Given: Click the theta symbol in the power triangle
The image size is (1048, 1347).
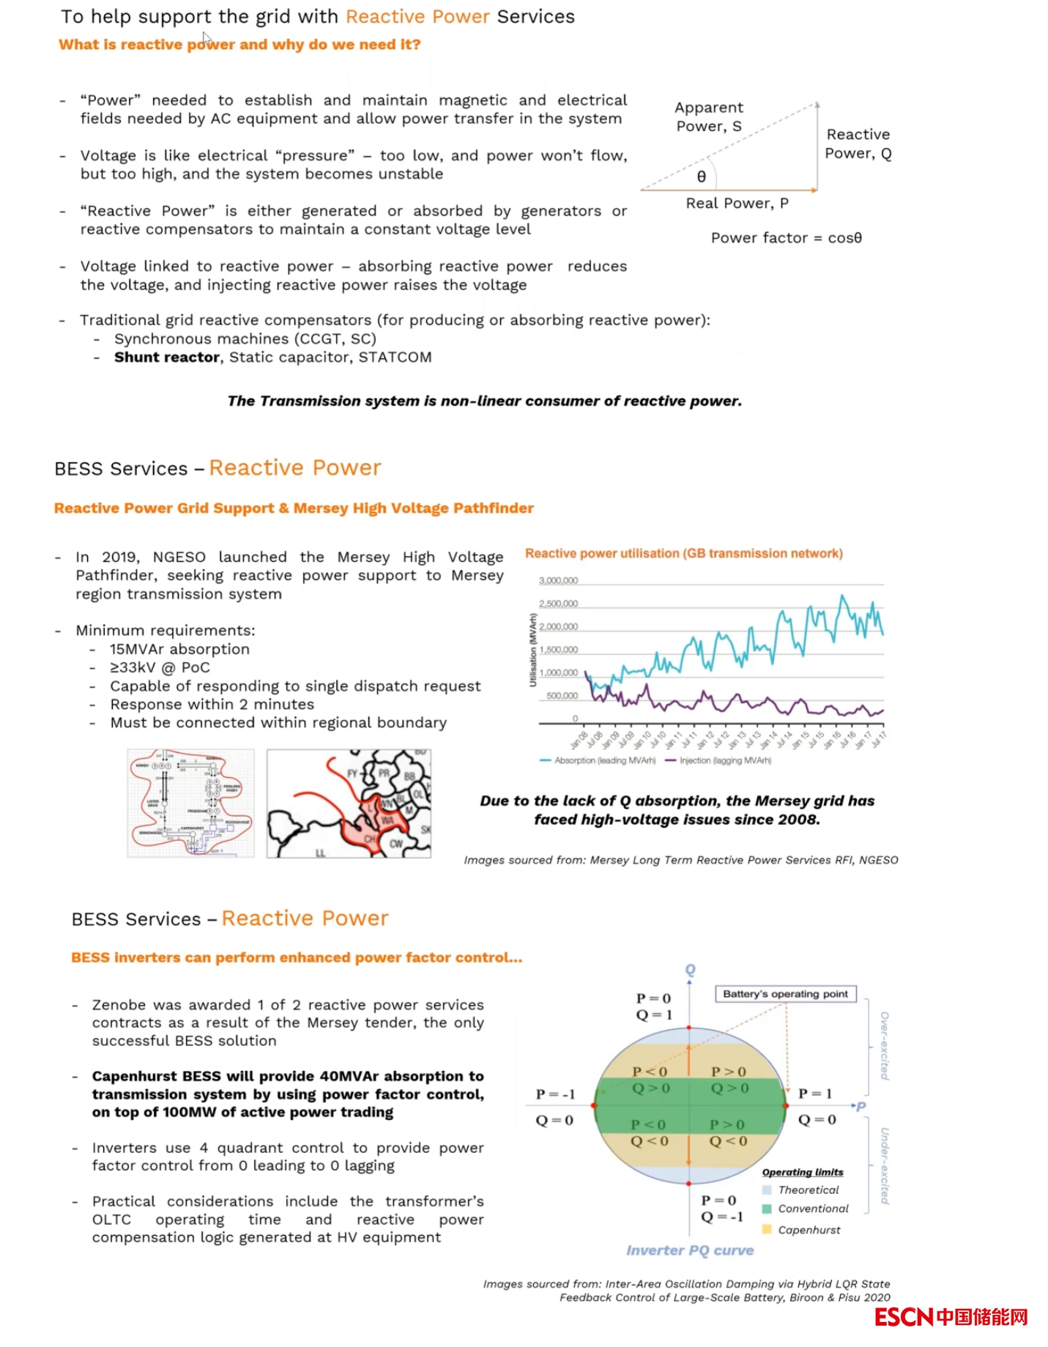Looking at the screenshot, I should tap(701, 177).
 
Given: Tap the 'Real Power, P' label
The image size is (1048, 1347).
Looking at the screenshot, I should tap(737, 204).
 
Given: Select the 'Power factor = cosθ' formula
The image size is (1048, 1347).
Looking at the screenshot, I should tap(786, 238).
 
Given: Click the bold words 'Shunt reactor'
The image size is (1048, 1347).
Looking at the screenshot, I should tap(167, 357).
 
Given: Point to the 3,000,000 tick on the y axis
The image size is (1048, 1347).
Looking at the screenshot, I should tap(558, 581).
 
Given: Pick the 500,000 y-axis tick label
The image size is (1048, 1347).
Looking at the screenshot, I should tap(562, 696).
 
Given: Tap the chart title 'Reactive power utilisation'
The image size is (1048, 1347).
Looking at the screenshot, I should tap(683, 554).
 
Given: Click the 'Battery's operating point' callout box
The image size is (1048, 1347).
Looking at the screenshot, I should tap(785, 994).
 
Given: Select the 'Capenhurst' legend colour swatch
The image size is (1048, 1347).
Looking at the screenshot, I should tap(767, 1230).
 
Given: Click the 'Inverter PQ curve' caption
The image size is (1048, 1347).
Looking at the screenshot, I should tap(689, 1250).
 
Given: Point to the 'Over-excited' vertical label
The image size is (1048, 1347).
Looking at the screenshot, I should tap(885, 1045).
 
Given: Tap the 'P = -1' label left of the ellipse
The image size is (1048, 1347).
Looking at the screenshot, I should tap(555, 1094).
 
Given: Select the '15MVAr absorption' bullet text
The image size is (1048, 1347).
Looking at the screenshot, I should tap(179, 650).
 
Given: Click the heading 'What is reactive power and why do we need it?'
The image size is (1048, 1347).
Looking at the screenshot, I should tap(239, 45).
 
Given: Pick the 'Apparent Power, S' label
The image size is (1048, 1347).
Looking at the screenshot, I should tap(708, 117).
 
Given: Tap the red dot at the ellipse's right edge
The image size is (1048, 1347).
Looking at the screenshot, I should tap(786, 1105).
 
